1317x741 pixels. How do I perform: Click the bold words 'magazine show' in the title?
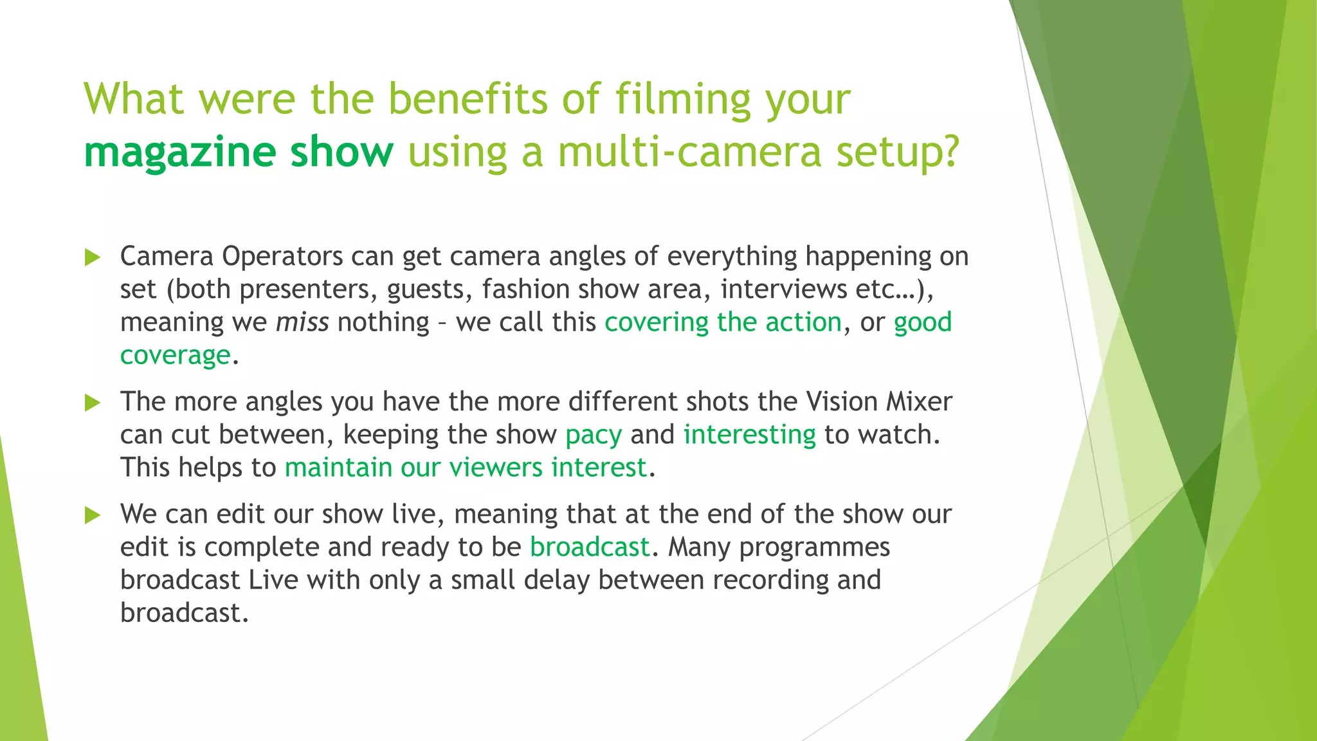[x=238, y=152]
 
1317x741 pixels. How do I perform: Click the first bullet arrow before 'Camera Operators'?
[x=93, y=258]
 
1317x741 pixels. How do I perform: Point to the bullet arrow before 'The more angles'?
[x=93, y=403]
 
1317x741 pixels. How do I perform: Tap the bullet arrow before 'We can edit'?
[x=93, y=515]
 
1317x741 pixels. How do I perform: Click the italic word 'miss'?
[x=302, y=322]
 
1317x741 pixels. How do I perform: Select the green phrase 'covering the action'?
[x=723, y=322]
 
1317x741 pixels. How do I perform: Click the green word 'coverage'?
[x=175, y=355]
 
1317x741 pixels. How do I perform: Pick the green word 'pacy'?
[x=594, y=435]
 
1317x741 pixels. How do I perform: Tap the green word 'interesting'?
[x=749, y=435]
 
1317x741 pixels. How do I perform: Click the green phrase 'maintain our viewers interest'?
[x=466, y=468]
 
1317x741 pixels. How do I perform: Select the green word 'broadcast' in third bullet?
[x=590, y=547]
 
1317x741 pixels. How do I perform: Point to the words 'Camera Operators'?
[x=232, y=256]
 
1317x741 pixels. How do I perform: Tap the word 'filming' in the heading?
[x=683, y=99]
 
